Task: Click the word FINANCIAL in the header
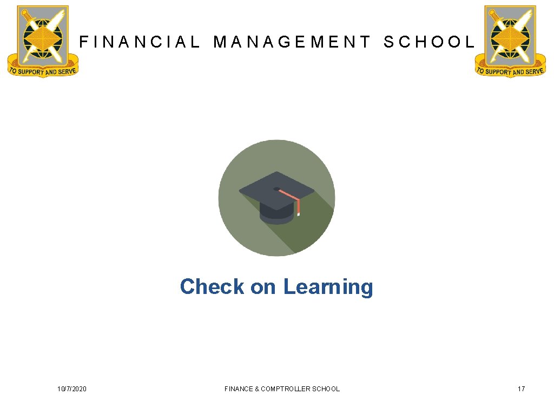[x=140, y=42]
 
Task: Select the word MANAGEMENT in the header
[x=292, y=42]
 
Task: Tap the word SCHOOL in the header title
[x=428, y=42]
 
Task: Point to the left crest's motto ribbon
[x=42, y=70]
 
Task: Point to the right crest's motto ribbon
[x=510, y=71]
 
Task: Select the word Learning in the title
[x=328, y=287]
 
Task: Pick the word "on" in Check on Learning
[x=263, y=287]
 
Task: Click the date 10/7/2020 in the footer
[x=72, y=389]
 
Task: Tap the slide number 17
[x=521, y=389]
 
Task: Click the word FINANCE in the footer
[x=238, y=389]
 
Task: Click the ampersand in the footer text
[x=256, y=389]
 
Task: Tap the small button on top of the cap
[x=277, y=189]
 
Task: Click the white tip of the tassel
[x=298, y=214]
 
